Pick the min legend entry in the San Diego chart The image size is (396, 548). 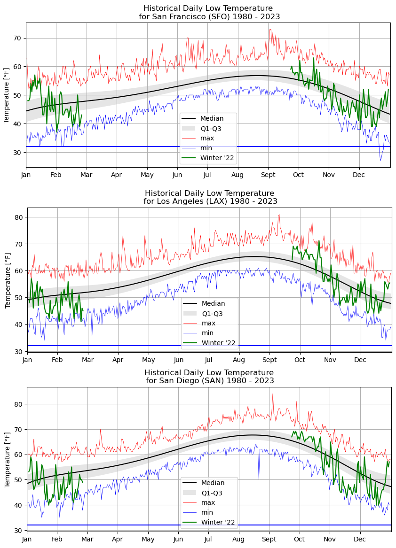click(207, 512)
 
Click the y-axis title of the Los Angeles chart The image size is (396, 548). click(8, 279)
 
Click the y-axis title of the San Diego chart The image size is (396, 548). click(8, 459)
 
